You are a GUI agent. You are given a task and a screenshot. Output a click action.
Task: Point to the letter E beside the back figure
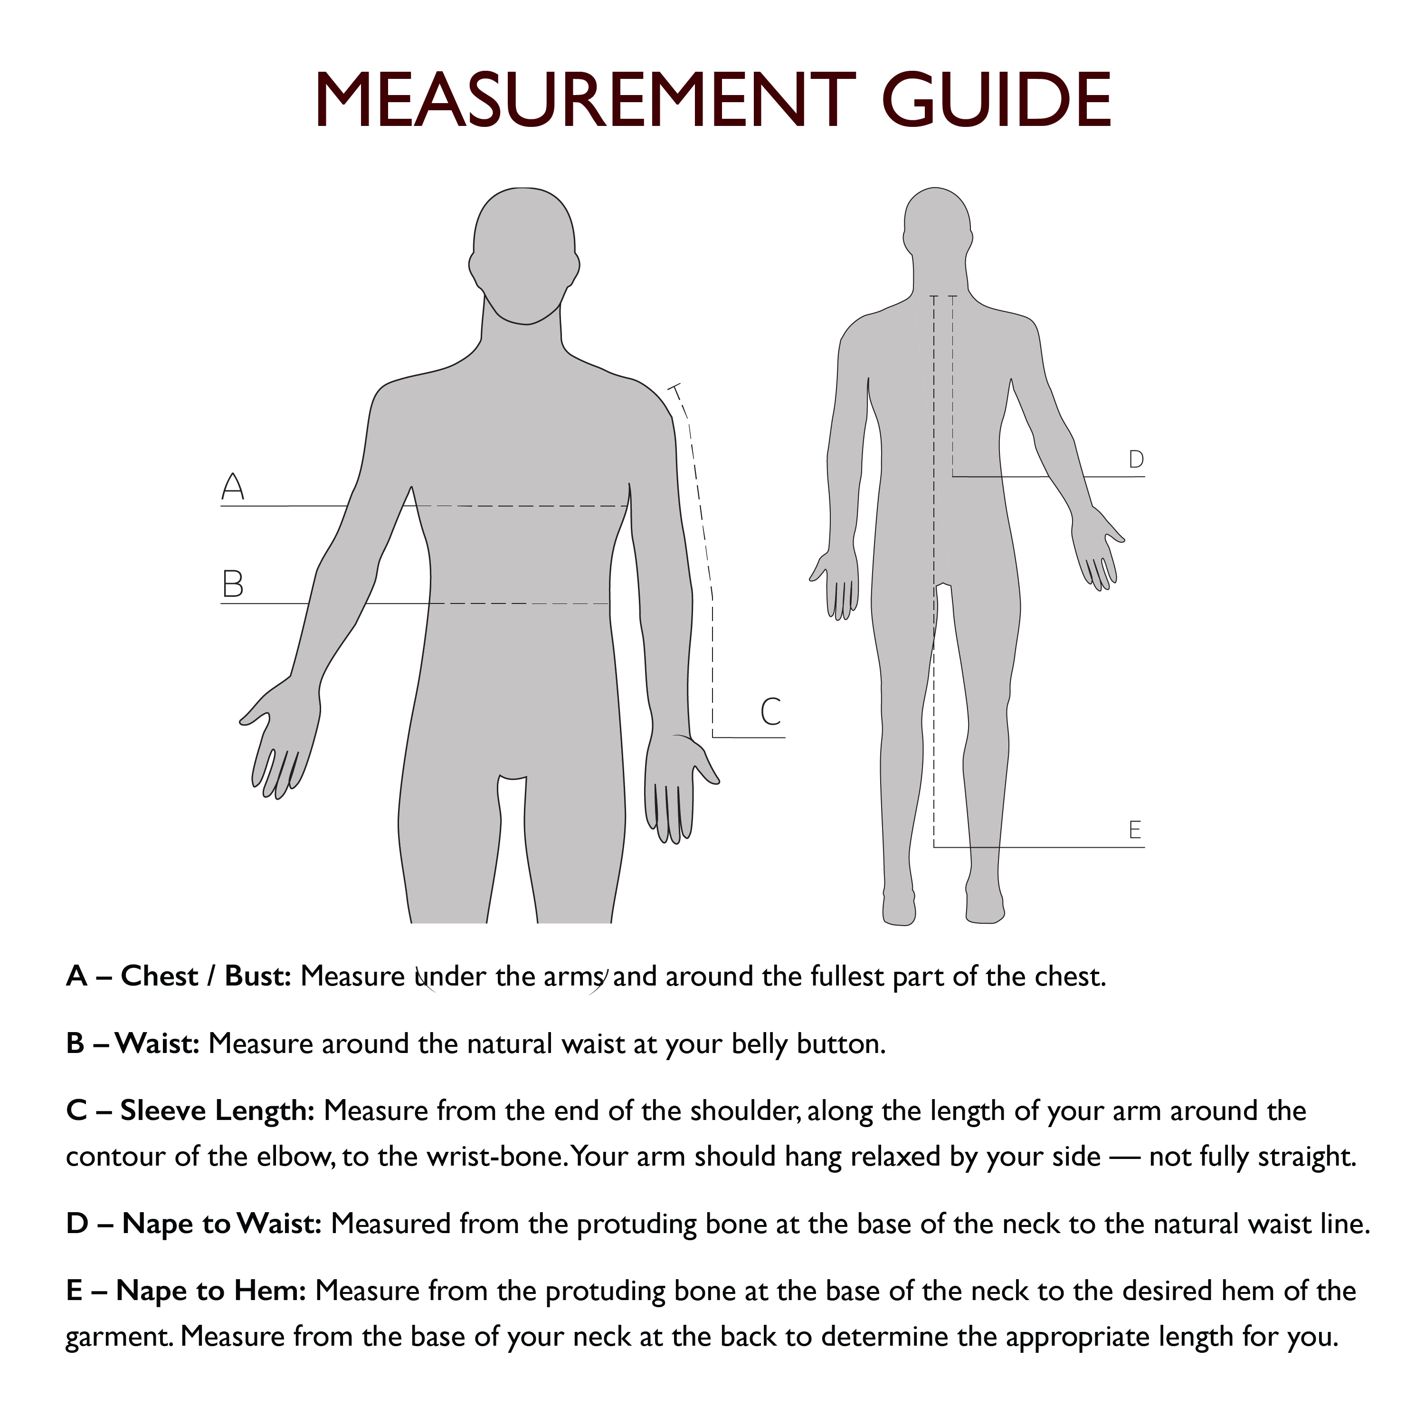[x=1135, y=830]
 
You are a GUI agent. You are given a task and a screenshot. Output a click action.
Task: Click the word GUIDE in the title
[x=996, y=101]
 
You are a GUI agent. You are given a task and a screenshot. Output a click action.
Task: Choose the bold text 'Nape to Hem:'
[x=211, y=1291]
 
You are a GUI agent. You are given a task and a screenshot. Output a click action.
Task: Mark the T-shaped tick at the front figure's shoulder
[x=674, y=388]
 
